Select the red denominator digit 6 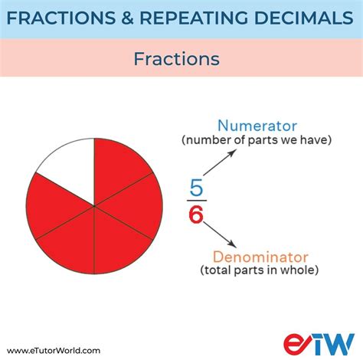tap(195, 216)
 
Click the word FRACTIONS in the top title tap(64, 18)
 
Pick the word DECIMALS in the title tap(305, 18)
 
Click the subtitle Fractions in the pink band tap(176, 58)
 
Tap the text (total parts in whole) tap(261, 270)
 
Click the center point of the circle tap(93, 205)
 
